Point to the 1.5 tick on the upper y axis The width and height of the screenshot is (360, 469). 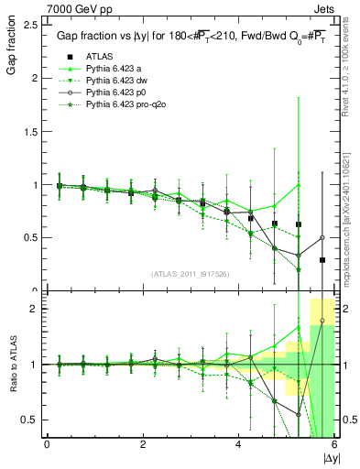pos(31,131)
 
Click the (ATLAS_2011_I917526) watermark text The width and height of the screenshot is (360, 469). pos(190,275)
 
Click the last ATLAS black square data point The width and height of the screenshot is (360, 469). pos(322,260)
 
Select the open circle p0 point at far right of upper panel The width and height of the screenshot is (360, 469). pos(322,237)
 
